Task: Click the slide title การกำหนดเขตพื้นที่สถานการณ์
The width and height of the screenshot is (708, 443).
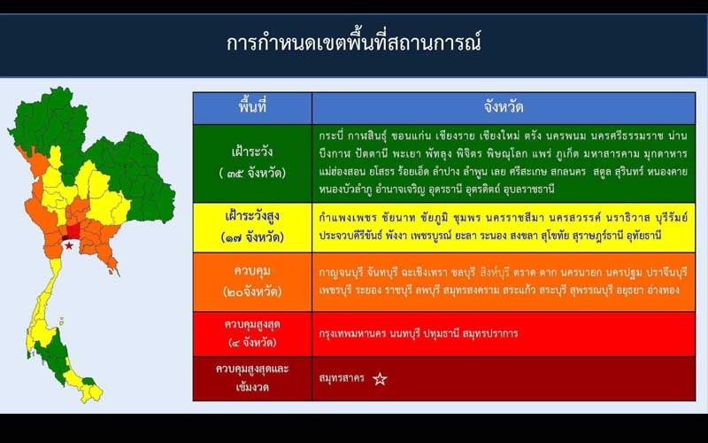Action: [x=353, y=43]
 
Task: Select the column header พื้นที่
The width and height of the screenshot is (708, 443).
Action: [x=252, y=106]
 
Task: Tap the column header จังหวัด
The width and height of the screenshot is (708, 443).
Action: [x=503, y=107]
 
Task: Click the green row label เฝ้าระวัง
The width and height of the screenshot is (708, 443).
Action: [x=252, y=151]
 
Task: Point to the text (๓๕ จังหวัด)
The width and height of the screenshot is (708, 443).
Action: [x=252, y=173]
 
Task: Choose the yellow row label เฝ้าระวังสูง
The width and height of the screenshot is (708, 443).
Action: [x=252, y=216]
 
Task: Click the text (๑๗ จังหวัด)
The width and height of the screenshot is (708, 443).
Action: [x=252, y=237]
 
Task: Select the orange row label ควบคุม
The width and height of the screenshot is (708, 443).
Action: [x=252, y=272]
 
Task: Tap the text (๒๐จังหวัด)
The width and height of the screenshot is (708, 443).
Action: [x=252, y=291]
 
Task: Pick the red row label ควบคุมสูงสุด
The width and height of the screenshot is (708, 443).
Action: [x=252, y=324]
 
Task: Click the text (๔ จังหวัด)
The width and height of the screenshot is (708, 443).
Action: [x=252, y=342]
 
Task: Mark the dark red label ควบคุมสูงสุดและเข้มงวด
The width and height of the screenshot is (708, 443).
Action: [x=252, y=377]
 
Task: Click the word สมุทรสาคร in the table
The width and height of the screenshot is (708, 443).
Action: [x=341, y=378]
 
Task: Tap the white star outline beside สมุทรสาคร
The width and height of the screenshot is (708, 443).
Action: [x=380, y=379]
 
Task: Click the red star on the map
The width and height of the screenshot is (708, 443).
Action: [x=69, y=245]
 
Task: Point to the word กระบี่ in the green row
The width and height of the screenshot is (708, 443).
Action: [x=331, y=136]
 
